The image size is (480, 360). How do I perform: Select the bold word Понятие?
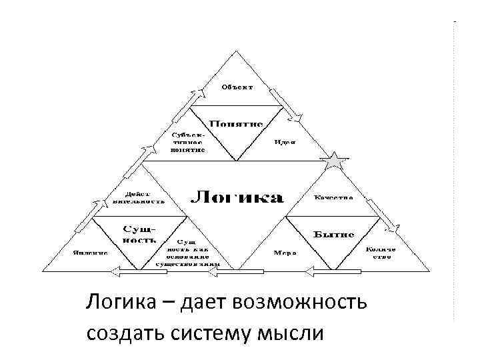[237, 123]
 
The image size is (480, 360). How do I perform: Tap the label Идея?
[285, 142]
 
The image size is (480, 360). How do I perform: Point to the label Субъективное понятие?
[187, 142]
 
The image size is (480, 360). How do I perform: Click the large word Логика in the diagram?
[237, 197]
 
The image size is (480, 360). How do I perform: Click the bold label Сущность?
[139, 234]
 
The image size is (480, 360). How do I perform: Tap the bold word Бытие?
[333, 235]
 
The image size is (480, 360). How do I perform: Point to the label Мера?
[285, 253]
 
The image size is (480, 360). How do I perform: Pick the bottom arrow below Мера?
[331, 271]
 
